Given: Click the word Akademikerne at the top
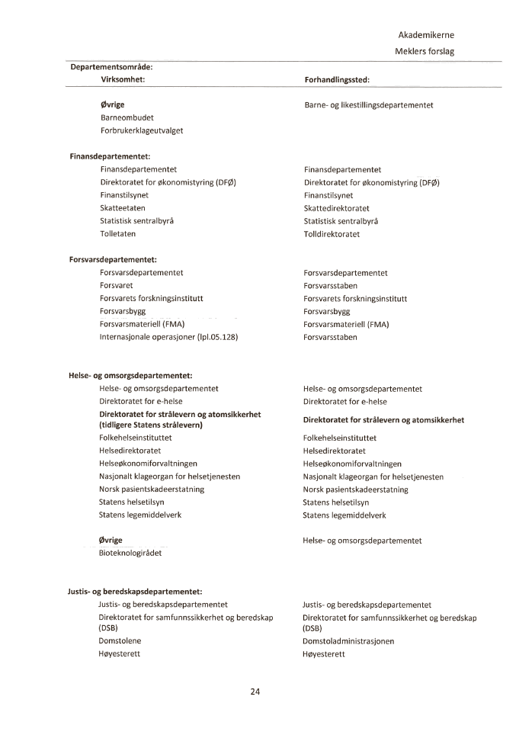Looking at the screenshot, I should click(x=426, y=35).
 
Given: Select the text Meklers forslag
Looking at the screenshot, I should click(x=424, y=52).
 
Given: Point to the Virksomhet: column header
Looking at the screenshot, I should click(x=123, y=79).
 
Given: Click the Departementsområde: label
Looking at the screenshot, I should click(x=111, y=67).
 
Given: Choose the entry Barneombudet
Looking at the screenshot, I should click(x=127, y=118).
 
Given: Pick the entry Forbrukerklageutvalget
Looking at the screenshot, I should click(x=142, y=130).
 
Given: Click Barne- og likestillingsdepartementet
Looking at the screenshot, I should click(x=369, y=105).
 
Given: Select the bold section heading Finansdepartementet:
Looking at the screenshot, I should click(x=110, y=156).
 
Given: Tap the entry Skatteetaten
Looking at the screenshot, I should click(x=123, y=208).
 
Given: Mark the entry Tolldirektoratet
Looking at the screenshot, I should click(x=332, y=234).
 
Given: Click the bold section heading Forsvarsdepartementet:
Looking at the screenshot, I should click(x=112, y=260).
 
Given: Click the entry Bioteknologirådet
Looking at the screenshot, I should click(x=130, y=553).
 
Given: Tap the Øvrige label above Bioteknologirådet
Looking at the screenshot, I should click(x=111, y=540).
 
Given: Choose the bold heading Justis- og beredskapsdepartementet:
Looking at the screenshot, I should click(x=135, y=591).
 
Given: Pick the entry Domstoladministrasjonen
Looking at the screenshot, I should click(x=348, y=641).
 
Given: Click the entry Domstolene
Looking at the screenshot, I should click(x=120, y=641).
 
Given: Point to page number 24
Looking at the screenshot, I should click(x=255, y=692).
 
